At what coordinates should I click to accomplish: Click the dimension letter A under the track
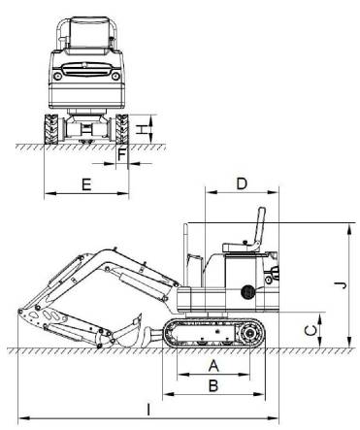coord(213,366)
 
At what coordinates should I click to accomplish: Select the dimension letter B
coord(213,385)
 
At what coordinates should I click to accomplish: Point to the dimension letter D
coord(242,182)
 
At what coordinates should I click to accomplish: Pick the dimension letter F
coord(121,154)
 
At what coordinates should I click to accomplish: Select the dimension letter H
coord(140,128)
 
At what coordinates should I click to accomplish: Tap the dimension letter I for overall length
coord(147,410)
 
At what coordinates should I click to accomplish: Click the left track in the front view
coord(49,127)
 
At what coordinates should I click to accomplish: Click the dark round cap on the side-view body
coord(247,289)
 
